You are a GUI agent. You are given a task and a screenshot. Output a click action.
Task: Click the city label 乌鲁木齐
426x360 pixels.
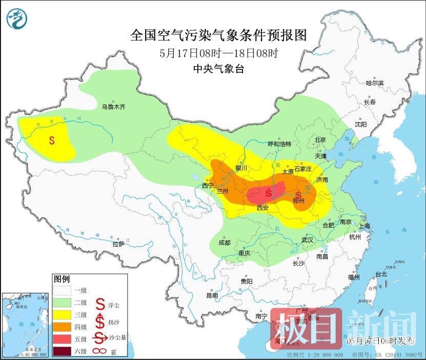(x=113, y=107)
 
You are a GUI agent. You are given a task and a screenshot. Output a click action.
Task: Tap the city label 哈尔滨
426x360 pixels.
(x=374, y=82)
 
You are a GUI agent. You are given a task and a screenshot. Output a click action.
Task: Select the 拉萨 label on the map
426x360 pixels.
(x=118, y=244)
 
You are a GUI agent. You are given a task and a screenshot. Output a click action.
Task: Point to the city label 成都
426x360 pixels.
(x=224, y=242)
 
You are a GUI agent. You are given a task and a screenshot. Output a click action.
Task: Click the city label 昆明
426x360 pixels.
(x=212, y=295)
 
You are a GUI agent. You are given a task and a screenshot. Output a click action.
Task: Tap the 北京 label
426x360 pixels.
(x=320, y=140)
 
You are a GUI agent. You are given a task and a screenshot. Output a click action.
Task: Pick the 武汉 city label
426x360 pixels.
(x=308, y=240)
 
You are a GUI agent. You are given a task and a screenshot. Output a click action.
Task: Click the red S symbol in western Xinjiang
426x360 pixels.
(x=52, y=139)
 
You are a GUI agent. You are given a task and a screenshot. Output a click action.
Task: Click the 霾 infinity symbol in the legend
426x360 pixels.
(x=100, y=351)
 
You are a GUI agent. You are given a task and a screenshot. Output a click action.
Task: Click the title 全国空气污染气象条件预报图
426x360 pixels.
(x=218, y=35)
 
